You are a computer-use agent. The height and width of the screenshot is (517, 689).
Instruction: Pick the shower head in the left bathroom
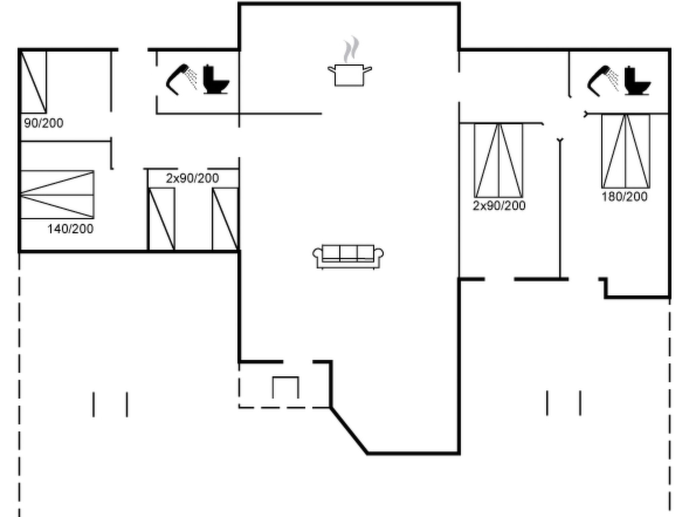[x=181, y=79]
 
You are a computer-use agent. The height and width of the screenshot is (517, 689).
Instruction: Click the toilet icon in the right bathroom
[x=637, y=81]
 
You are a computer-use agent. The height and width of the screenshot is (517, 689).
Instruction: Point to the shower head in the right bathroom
[x=603, y=81]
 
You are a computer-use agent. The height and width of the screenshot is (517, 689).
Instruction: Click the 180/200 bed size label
[x=624, y=197]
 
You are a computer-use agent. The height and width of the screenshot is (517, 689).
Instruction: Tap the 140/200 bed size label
[x=70, y=229]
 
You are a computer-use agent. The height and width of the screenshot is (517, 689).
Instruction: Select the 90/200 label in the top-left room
[x=44, y=123]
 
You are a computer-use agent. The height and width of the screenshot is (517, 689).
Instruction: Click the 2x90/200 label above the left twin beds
[x=192, y=178]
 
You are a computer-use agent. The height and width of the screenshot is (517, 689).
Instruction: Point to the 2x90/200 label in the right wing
[x=499, y=206]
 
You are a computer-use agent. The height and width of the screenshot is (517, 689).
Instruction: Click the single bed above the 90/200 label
[x=33, y=82]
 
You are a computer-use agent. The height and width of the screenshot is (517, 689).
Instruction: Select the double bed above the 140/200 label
[x=57, y=195]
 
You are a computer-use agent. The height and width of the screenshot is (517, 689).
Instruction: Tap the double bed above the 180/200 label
[x=625, y=151]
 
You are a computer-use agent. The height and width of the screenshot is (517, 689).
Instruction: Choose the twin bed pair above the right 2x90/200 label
[x=499, y=160]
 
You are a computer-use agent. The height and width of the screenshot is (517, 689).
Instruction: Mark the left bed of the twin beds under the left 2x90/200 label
[x=161, y=219]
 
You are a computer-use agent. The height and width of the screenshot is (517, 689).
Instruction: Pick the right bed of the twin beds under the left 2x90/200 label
[x=225, y=219]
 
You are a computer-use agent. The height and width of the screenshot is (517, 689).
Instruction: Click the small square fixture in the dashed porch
[x=286, y=387]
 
